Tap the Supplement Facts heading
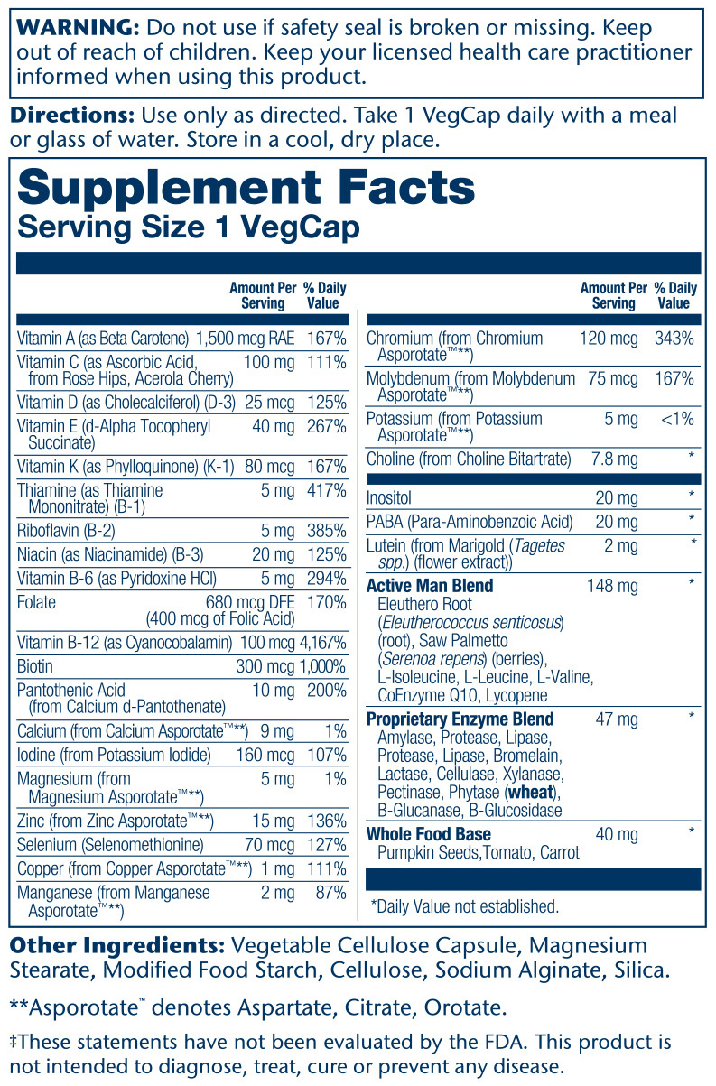246,187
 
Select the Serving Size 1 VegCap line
188,227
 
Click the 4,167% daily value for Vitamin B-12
321,643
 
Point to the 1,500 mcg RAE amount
247,339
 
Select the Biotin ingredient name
35,666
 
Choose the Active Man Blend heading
430,586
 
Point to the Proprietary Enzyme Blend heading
460,719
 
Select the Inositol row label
390,497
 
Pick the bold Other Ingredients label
117,946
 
